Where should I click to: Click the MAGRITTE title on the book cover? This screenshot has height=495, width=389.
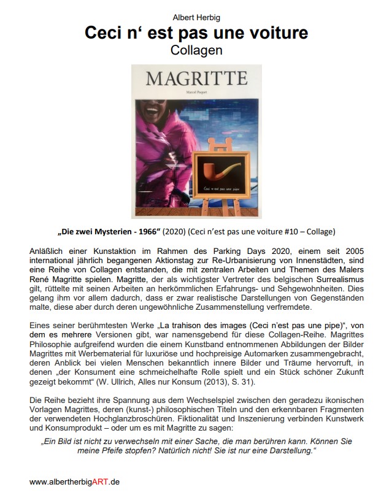[196, 79]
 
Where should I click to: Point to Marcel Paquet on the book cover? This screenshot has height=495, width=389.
[196, 93]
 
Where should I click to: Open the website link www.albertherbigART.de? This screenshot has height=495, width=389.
[74, 482]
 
